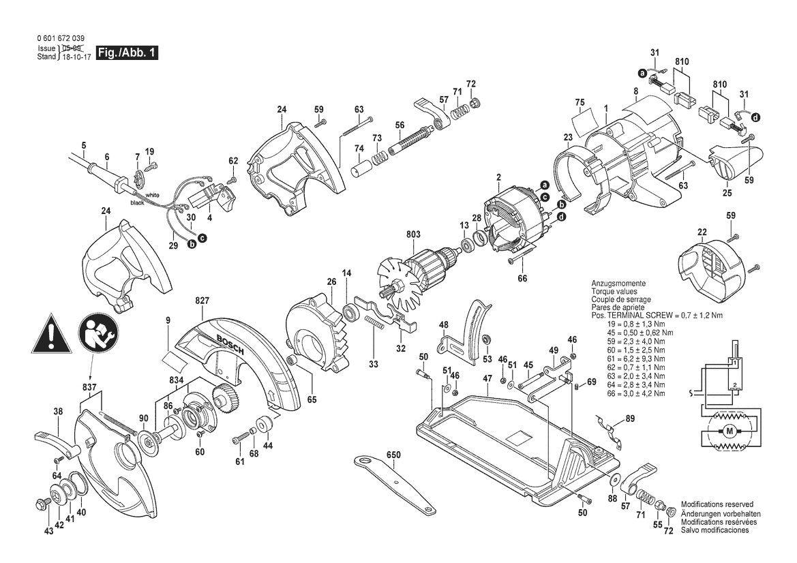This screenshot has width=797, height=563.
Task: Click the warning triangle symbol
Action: click(55, 333)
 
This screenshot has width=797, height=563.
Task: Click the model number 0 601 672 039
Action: click(61, 40)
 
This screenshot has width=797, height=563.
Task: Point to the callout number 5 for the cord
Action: click(84, 144)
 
